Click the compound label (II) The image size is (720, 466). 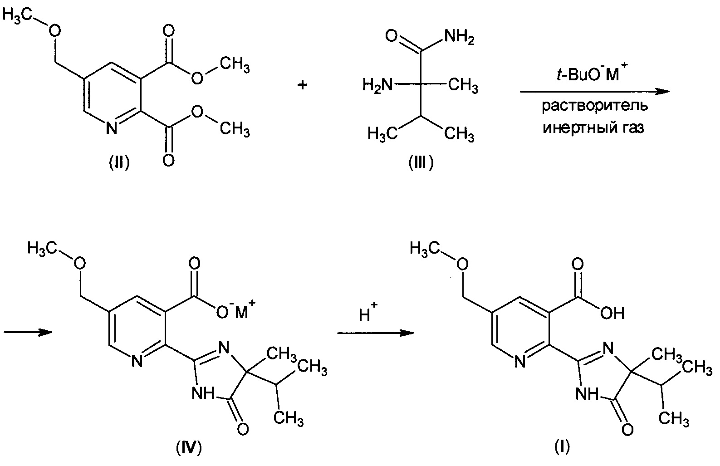[x=119, y=162]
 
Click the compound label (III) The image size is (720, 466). [x=421, y=162]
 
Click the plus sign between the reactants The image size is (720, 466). [x=303, y=85]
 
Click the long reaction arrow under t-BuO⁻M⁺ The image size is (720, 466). [x=594, y=92]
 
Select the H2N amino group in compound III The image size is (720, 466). [x=377, y=85]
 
